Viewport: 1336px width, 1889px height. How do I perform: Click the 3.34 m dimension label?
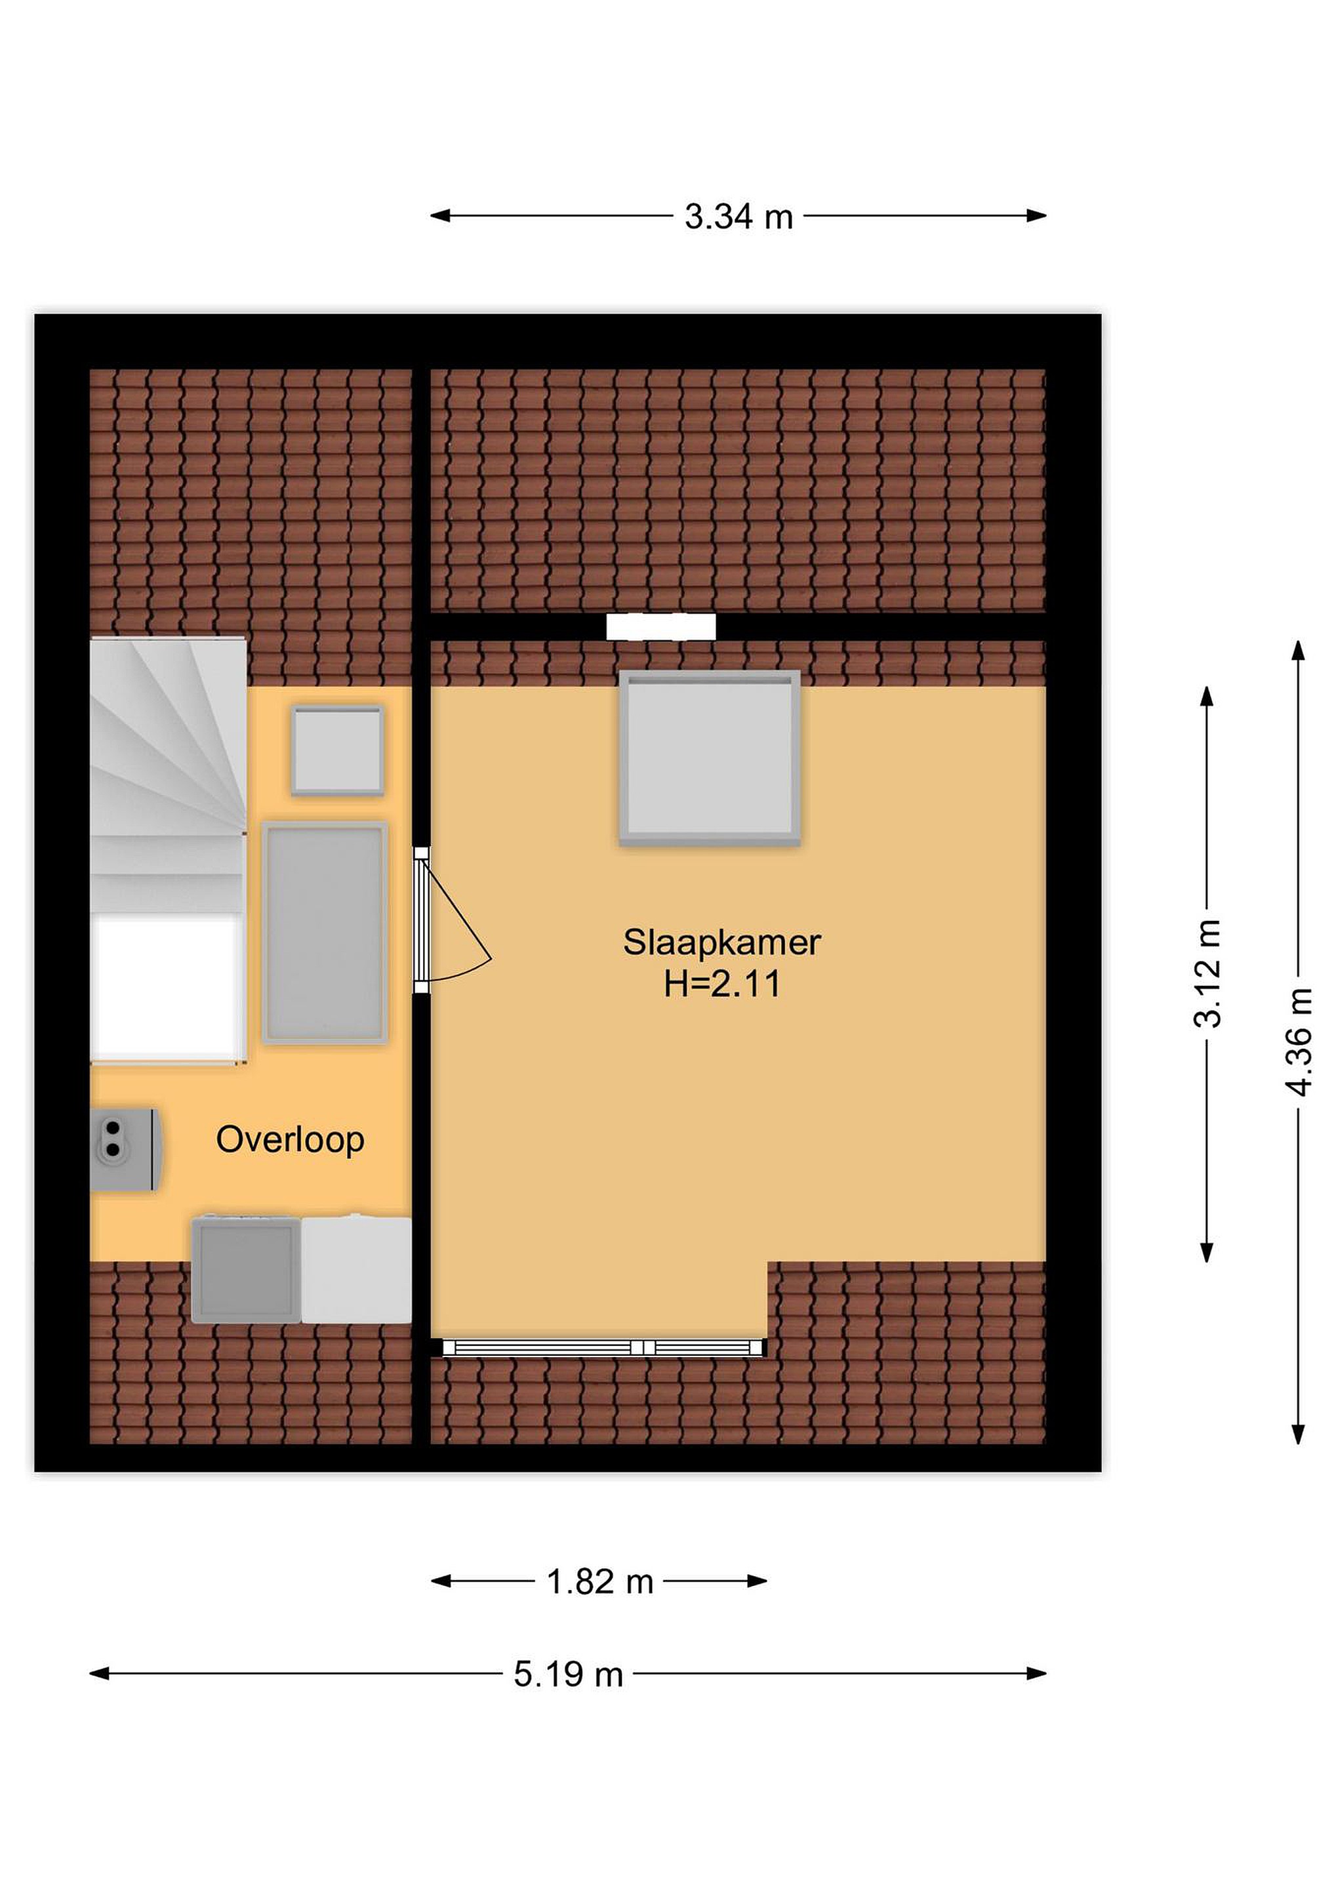tap(739, 217)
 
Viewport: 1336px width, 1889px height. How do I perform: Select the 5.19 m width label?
tap(569, 1675)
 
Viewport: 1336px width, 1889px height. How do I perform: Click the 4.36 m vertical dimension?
tap(1298, 1042)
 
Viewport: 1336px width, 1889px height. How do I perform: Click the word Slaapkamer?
tap(721, 943)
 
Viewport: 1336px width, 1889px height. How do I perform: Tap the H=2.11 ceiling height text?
tap(721, 984)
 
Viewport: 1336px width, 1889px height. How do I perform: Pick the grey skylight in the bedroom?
tap(709, 758)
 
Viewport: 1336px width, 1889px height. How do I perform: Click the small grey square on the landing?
tap(337, 750)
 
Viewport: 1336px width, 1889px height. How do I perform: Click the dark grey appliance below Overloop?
tap(246, 1269)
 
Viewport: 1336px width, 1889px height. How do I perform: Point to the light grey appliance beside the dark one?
tap(356, 1269)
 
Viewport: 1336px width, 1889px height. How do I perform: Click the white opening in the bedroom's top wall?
tap(660, 627)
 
